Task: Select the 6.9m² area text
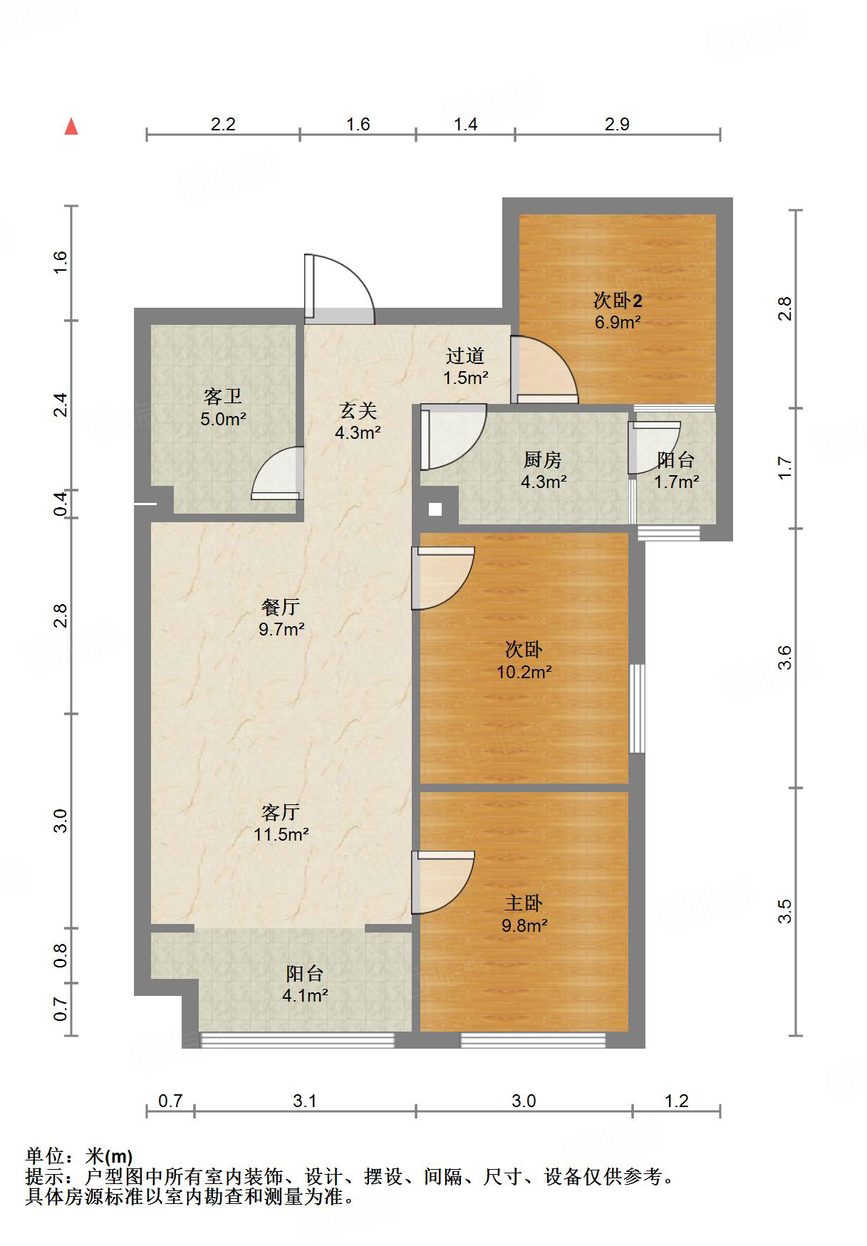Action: click(x=618, y=322)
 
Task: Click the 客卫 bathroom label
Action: click(x=223, y=397)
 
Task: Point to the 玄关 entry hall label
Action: click(x=358, y=410)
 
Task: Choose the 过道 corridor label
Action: click(x=466, y=355)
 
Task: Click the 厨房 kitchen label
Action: click(x=543, y=460)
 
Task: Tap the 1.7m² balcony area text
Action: click(x=677, y=482)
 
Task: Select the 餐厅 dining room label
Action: click(x=281, y=607)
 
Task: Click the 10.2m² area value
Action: click(x=525, y=671)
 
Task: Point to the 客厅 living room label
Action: click(x=281, y=812)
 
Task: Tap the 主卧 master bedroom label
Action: click(x=524, y=903)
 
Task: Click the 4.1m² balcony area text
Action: click(x=305, y=995)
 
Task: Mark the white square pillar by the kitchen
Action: click(x=435, y=509)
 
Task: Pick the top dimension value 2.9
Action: click(x=617, y=124)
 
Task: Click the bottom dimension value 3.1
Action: click(x=305, y=1101)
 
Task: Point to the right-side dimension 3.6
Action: click(x=784, y=657)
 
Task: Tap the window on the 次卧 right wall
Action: click(x=637, y=708)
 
